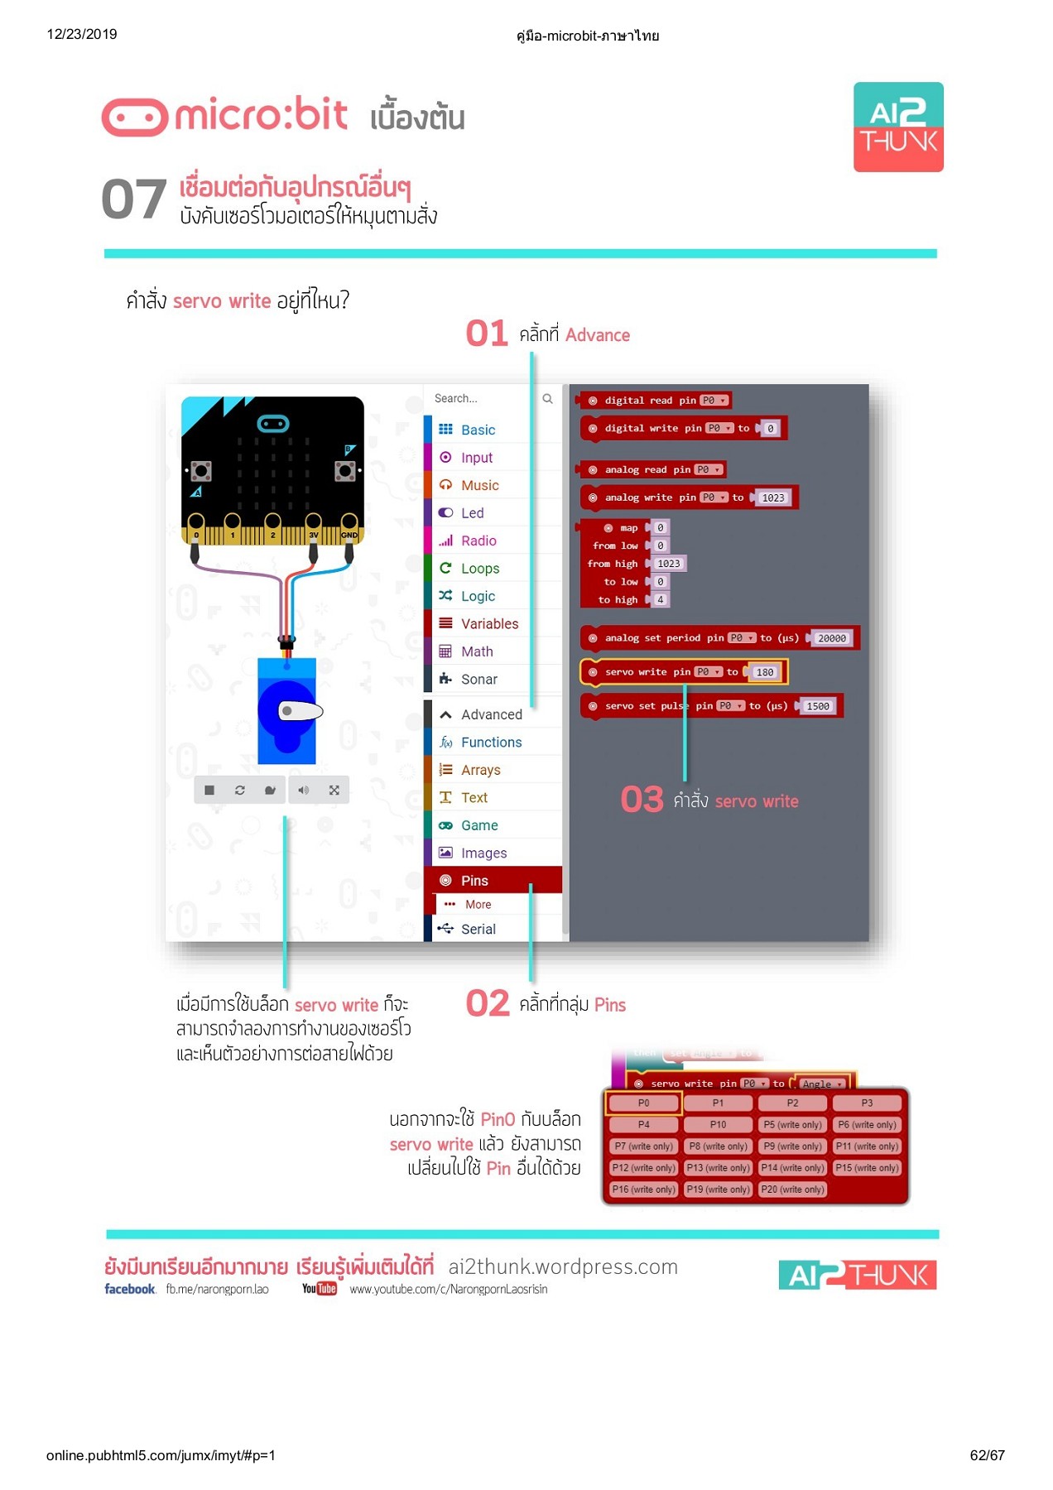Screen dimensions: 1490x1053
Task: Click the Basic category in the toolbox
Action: pyautogui.click(x=477, y=430)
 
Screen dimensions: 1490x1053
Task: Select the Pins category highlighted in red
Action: pyautogui.click(x=474, y=881)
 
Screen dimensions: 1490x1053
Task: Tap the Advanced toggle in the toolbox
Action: pyautogui.click(x=490, y=714)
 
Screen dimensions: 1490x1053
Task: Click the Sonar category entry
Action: pyautogui.click(x=478, y=680)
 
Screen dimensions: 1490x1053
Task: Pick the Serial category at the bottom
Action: pyautogui.click(x=478, y=930)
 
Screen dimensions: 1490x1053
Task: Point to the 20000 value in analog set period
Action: pyautogui.click(x=831, y=638)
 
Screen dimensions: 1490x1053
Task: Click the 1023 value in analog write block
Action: pyautogui.click(x=772, y=497)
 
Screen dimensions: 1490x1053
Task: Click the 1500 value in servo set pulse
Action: pyautogui.click(x=817, y=706)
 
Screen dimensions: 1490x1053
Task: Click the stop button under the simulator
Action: pyautogui.click(x=209, y=791)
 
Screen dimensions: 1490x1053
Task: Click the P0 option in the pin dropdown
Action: pyautogui.click(x=643, y=1103)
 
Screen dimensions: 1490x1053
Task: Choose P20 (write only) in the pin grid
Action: pyautogui.click(x=792, y=1190)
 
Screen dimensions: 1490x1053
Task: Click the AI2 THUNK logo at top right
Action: pyautogui.click(x=897, y=127)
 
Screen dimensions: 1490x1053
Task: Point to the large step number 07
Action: pyautogui.click(x=133, y=200)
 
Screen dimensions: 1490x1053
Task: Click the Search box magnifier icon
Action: pyautogui.click(x=547, y=399)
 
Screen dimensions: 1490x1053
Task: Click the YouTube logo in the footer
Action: pyautogui.click(x=319, y=1289)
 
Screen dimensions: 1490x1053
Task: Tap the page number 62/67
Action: pyautogui.click(x=987, y=1455)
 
